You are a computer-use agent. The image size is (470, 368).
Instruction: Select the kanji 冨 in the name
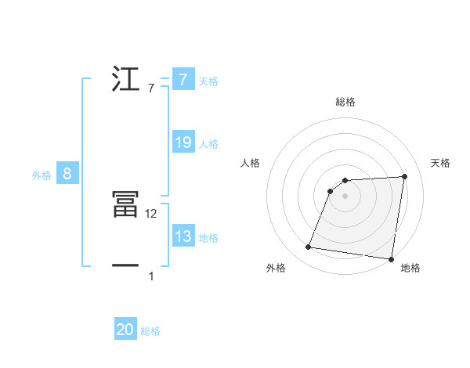click(126, 206)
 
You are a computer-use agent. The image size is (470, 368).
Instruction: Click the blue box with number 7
click(183, 80)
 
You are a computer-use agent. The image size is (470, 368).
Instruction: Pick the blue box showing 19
click(183, 143)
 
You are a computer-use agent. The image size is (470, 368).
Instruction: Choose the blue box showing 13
click(183, 236)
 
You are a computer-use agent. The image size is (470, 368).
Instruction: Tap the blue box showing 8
click(67, 174)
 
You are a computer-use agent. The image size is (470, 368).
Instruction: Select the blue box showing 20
click(125, 330)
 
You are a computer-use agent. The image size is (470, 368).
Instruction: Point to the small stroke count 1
click(151, 276)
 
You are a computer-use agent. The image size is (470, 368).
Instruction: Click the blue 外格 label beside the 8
click(42, 175)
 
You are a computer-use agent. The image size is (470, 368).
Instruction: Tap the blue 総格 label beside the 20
click(150, 331)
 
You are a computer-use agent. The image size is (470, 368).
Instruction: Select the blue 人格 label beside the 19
click(208, 144)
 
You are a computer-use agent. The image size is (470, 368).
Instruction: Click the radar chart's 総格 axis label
click(345, 102)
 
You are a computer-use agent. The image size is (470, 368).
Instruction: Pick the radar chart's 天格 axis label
click(440, 163)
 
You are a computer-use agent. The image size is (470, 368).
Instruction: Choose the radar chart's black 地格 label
click(410, 269)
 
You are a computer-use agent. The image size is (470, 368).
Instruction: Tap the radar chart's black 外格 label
click(276, 269)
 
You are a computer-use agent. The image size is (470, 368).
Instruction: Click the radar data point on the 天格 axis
click(404, 176)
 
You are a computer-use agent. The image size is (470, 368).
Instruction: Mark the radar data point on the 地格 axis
click(390, 258)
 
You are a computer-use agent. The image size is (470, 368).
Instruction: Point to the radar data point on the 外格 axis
click(309, 247)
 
